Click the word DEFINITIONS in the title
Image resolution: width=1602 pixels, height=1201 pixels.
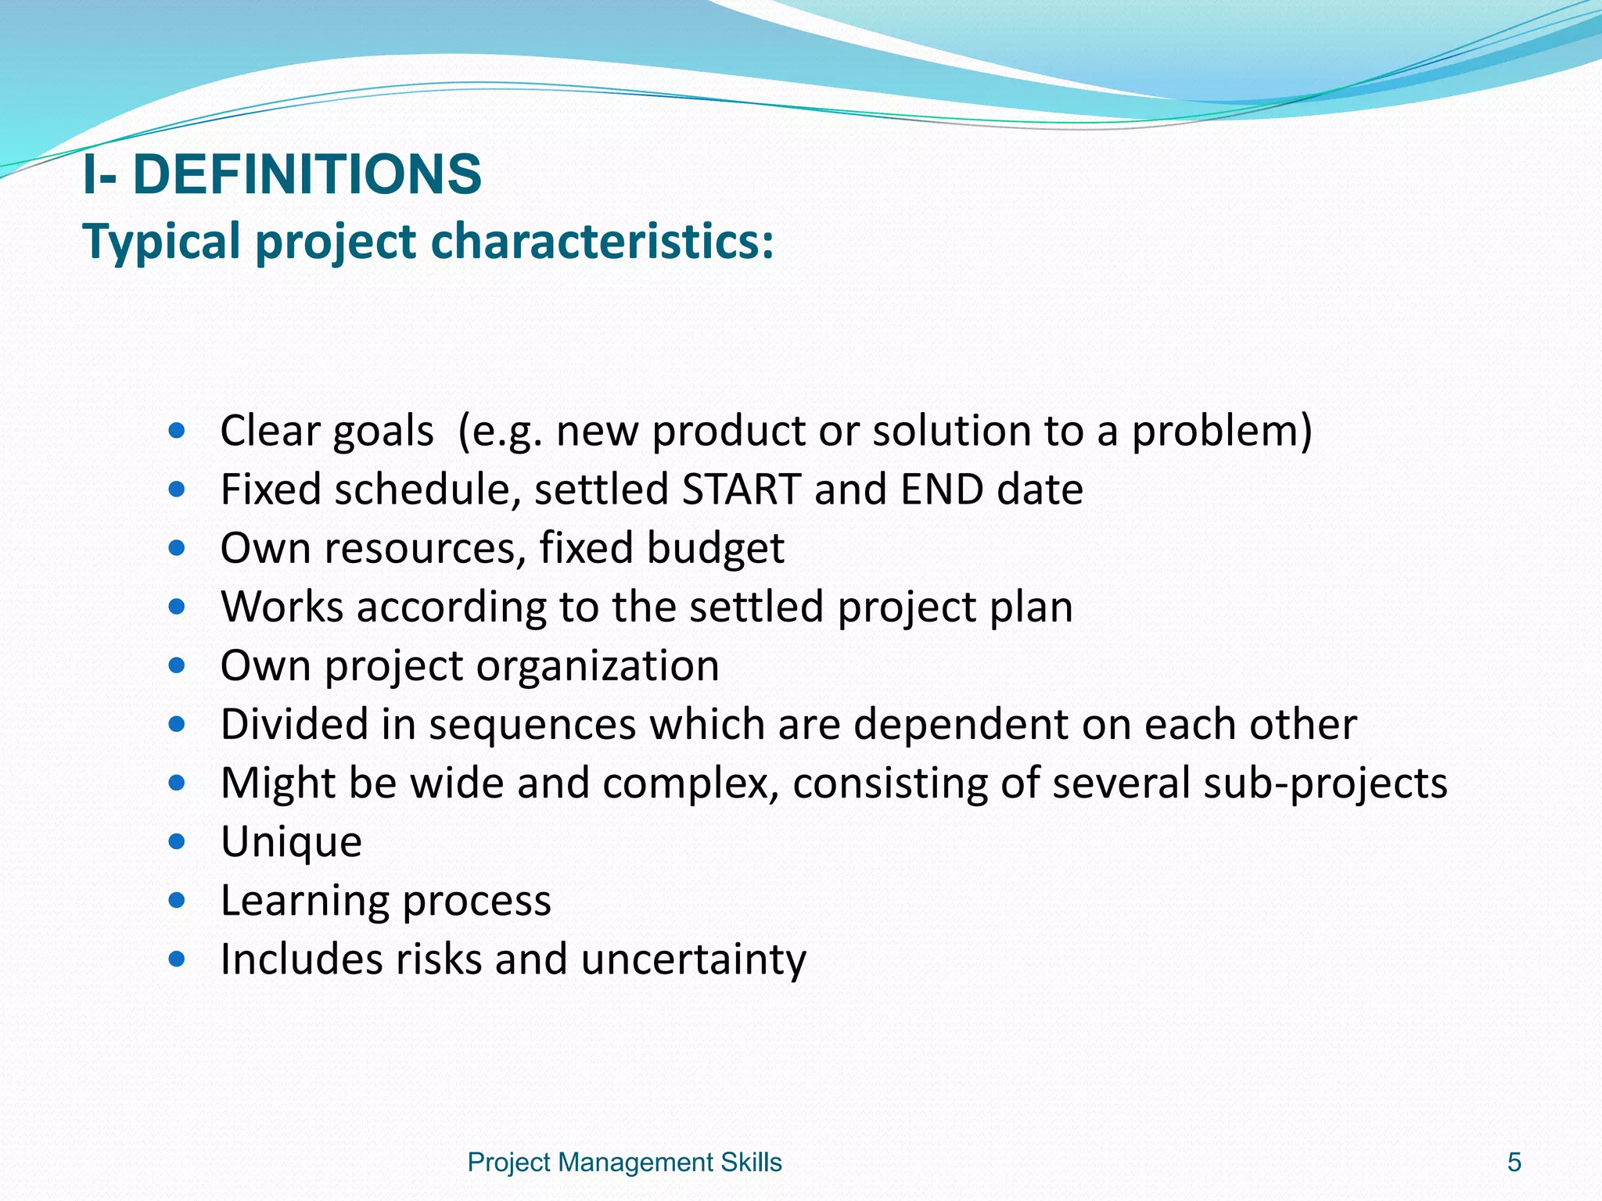pyautogui.click(x=307, y=174)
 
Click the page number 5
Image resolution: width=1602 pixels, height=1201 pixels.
pyautogui.click(x=1514, y=1163)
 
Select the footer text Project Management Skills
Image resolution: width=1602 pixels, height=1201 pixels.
pyautogui.click(x=624, y=1163)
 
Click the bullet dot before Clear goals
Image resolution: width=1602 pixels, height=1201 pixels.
pyautogui.click(x=177, y=430)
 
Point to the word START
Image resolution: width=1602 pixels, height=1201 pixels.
pyautogui.click(x=741, y=489)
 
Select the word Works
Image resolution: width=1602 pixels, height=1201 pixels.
pyautogui.click(x=282, y=607)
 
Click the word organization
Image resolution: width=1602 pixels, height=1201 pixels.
pyautogui.click(x=598, y=666)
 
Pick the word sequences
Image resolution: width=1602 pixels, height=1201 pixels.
pyautogui.click(x=532, y=724)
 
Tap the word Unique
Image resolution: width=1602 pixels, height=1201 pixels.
pyautogui.click(x=291, y=842)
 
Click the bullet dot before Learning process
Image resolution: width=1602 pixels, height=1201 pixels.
pyautogui.click(x=177, y=901)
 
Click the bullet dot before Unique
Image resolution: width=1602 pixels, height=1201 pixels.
pyautogui.click(x=177, y=841)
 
